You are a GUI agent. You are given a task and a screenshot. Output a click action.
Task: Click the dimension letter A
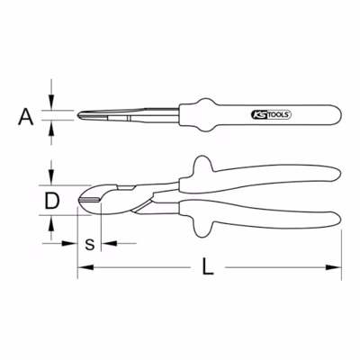[x=26, y=117]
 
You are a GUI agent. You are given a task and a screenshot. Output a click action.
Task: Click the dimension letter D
[x=51, y=201]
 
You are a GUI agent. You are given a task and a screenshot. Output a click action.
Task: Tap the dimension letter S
[x=89, y=244]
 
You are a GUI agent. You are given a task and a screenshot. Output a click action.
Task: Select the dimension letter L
[x=207, y=266]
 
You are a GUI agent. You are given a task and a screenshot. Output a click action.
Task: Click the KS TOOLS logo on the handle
[x=269, y=114]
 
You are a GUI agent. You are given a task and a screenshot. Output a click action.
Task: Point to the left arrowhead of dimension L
[x=85, y=267]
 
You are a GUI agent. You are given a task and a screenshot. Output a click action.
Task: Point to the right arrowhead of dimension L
[x=334, y=267]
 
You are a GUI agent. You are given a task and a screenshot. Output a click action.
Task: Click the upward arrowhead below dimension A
[x=51, y=128]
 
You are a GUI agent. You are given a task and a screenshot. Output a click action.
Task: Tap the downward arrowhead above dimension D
[x=51, y=177]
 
